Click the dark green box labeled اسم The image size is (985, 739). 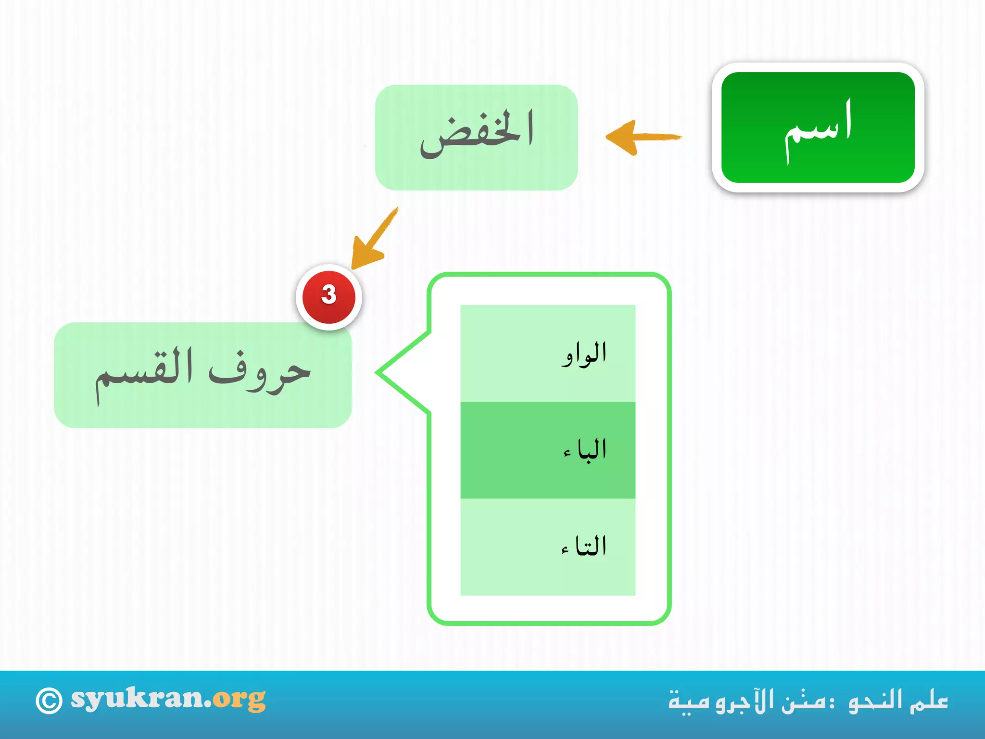[818, 127]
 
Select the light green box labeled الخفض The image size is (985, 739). [476, 137]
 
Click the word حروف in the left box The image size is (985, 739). [260, 373]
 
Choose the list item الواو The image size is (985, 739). [583, 354]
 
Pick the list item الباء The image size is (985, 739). [584, 450]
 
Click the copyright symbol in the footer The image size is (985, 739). [49, 701]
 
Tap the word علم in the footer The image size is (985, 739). [929, 700]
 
